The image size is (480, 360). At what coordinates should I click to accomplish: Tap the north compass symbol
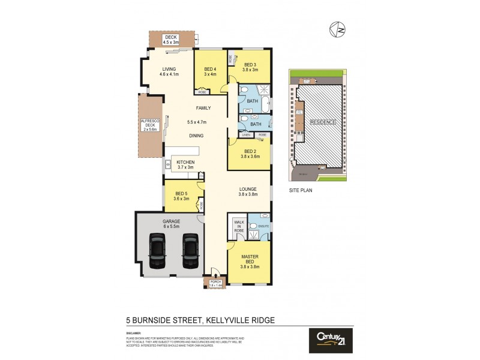337,29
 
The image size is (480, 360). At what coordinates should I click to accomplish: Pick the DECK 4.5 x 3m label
172,40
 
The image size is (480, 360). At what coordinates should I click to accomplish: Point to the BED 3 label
250,67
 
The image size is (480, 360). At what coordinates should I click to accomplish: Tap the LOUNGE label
248,192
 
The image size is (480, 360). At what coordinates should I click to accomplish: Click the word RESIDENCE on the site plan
322,122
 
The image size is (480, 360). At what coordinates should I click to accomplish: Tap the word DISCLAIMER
133,333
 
